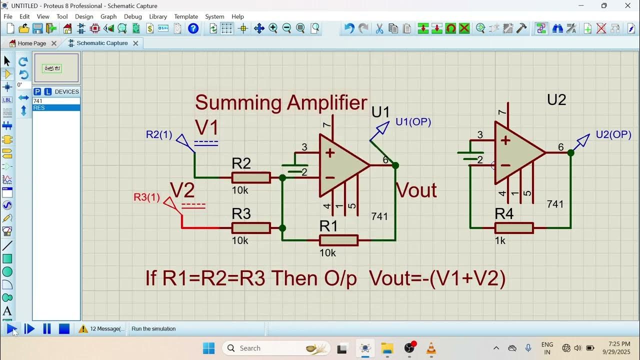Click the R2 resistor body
pos(251,177)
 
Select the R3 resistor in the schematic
pos(251,228)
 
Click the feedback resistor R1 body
pos(338,240)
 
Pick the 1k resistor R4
pos(513,228)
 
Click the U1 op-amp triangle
pos(340,165)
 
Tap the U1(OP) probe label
pos(413,122)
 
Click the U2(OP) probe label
pos(613,135)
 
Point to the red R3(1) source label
pos(146,197)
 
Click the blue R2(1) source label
pos(159,134)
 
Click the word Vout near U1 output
pos(416,190)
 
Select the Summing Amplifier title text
pos(281,103)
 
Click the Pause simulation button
pos(47,328)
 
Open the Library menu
pos(158,16)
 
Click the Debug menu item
pos(132,16)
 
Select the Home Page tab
pos(31,43)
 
